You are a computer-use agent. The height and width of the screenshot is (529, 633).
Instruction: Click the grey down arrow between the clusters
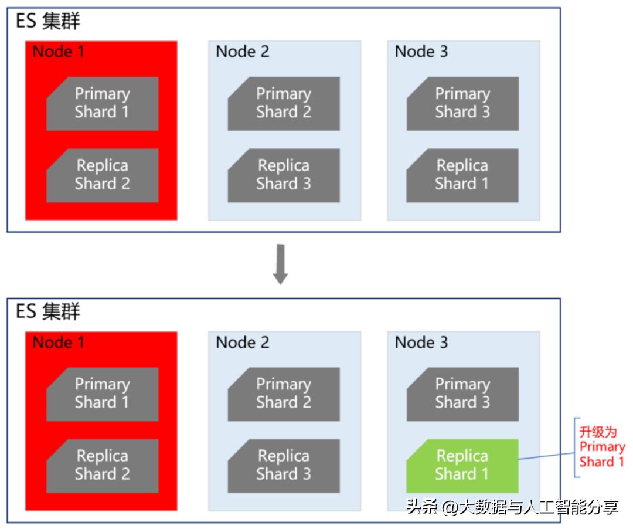pos(280,264)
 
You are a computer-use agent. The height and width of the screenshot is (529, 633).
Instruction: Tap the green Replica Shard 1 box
pos(462,466)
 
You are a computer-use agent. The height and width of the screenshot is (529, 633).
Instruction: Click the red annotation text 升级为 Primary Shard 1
pos(602,447)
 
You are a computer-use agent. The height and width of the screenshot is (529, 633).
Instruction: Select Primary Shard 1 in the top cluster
pos(102,103)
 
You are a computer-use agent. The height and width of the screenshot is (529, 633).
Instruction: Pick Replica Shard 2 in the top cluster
pos(102,175)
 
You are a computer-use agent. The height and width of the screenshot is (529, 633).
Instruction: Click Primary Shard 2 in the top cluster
pos(284,103)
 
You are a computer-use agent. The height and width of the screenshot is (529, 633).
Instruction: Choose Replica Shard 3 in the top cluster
pos(284,175)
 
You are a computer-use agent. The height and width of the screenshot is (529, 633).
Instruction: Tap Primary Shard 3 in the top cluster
pos(462,103)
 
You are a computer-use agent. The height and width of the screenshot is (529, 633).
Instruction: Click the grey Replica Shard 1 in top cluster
pos(462,175)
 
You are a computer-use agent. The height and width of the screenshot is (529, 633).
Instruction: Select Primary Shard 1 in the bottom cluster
pos(102,394)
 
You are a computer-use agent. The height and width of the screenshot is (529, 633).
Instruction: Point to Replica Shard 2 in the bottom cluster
pos(102,466)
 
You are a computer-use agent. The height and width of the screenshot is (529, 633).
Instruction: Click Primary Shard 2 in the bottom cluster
pos(284,394)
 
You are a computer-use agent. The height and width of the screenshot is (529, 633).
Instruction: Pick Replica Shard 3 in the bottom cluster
pos(284,466)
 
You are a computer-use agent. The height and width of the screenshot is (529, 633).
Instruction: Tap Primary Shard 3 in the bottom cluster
pos(462,394)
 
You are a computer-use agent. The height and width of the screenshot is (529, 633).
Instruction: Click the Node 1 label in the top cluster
pos(58,51)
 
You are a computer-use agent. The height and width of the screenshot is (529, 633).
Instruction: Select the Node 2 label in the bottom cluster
pos(242,342)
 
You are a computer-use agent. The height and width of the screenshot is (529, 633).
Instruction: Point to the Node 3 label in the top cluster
pos(421,51)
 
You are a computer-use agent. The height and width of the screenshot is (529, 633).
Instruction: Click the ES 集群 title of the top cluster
pos(47,21)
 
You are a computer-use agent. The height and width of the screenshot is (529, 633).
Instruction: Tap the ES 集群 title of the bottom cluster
pos(47,311)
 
